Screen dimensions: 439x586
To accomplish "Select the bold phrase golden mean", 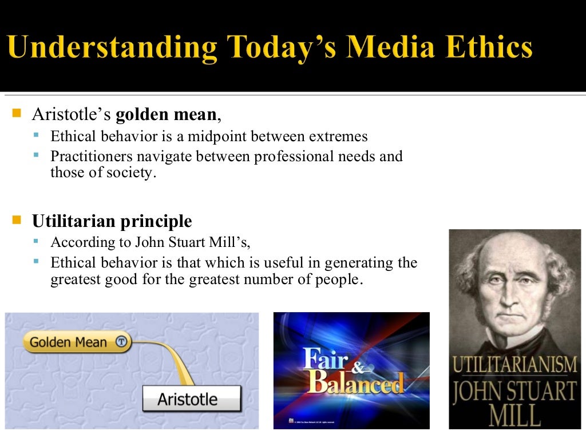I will point(166,114).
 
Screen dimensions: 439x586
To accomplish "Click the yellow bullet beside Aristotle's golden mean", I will point(15,113).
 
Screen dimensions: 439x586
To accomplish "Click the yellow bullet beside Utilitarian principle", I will point(15,220).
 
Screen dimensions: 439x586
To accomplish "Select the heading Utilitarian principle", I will point(112,221).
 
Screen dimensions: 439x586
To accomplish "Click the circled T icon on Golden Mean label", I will point(121,342).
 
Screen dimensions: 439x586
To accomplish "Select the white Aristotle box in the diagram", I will point(191,398).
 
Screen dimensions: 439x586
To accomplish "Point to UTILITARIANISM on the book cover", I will point(514,364).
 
